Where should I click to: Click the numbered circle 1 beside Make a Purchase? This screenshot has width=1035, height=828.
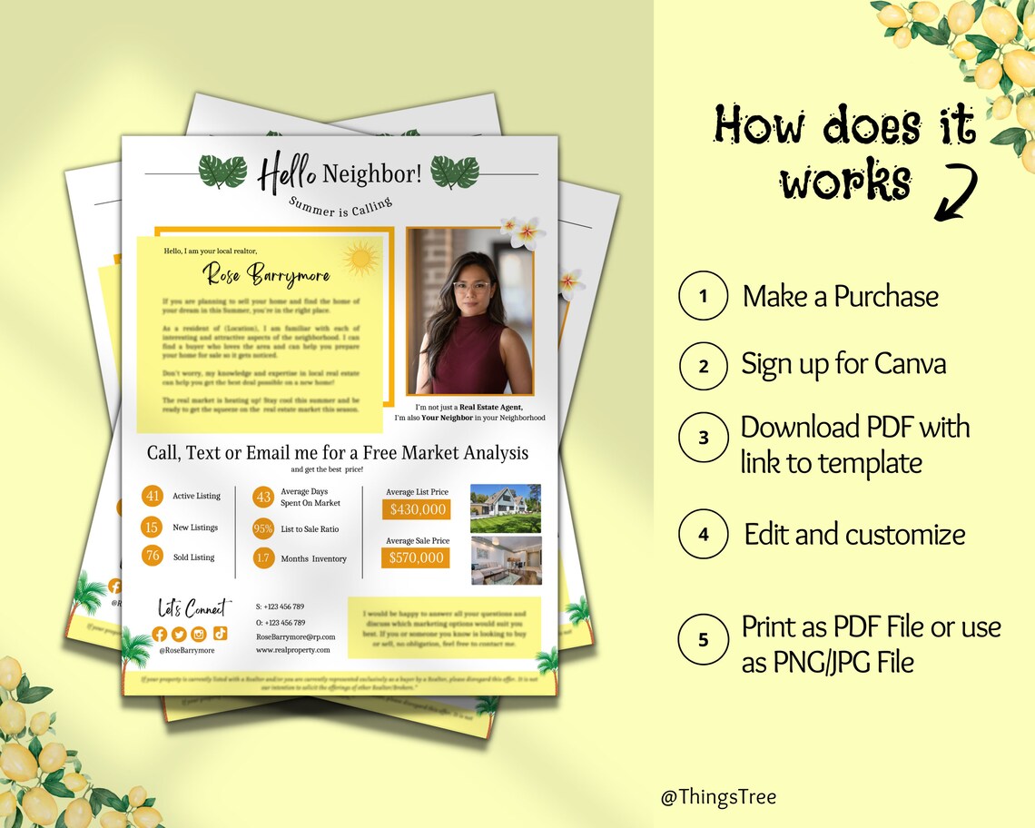pyautogui.click(x=703, y=296)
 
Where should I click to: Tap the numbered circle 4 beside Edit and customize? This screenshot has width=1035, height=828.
pyautogui.click(x=704, y=535)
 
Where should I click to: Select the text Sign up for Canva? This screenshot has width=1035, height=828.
pyautogui.click(x=843, y=365)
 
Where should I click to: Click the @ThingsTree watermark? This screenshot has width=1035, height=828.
pyautogui.click(x=718, y=798)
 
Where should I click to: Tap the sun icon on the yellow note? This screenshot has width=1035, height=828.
pyautogui.click(x=360, y=259)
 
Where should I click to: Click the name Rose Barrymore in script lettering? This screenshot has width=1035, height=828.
pyautogui.click(x=266, y=273)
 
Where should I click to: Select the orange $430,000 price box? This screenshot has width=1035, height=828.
pyautogui.click(x=418, y=510)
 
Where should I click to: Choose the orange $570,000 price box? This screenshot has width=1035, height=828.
pyautogui.click(x=417, y=557)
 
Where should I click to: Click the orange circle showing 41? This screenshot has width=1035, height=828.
pyautogui.click(x=153, y=496)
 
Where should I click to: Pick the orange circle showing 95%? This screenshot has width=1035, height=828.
pyautogui.click(x=263, y=528)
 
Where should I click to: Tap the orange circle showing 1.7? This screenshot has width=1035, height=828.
pyautogui.click(x=263, y=558)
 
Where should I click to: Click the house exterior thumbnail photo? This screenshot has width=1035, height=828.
pyautogui.click(x=506, y=508)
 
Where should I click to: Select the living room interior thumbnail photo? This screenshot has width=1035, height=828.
pyautogui.click(x=506, y=560)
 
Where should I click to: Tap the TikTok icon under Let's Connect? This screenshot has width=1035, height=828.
pyautogui.click(x=221, y=634)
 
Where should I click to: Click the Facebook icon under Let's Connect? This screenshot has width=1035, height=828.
pyautogui.click(x=160, y=634)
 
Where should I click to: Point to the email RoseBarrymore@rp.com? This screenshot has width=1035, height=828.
pyautogui.click(x=296, y=637)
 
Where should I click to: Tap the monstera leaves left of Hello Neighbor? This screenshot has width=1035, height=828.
pyautogui.click(x=222, y=171)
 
